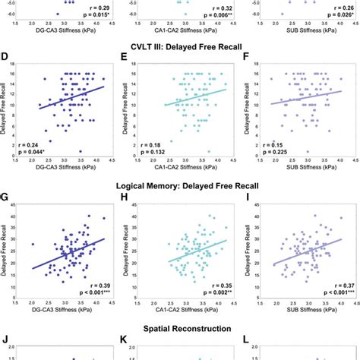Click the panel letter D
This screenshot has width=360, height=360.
tap(6, 56)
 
